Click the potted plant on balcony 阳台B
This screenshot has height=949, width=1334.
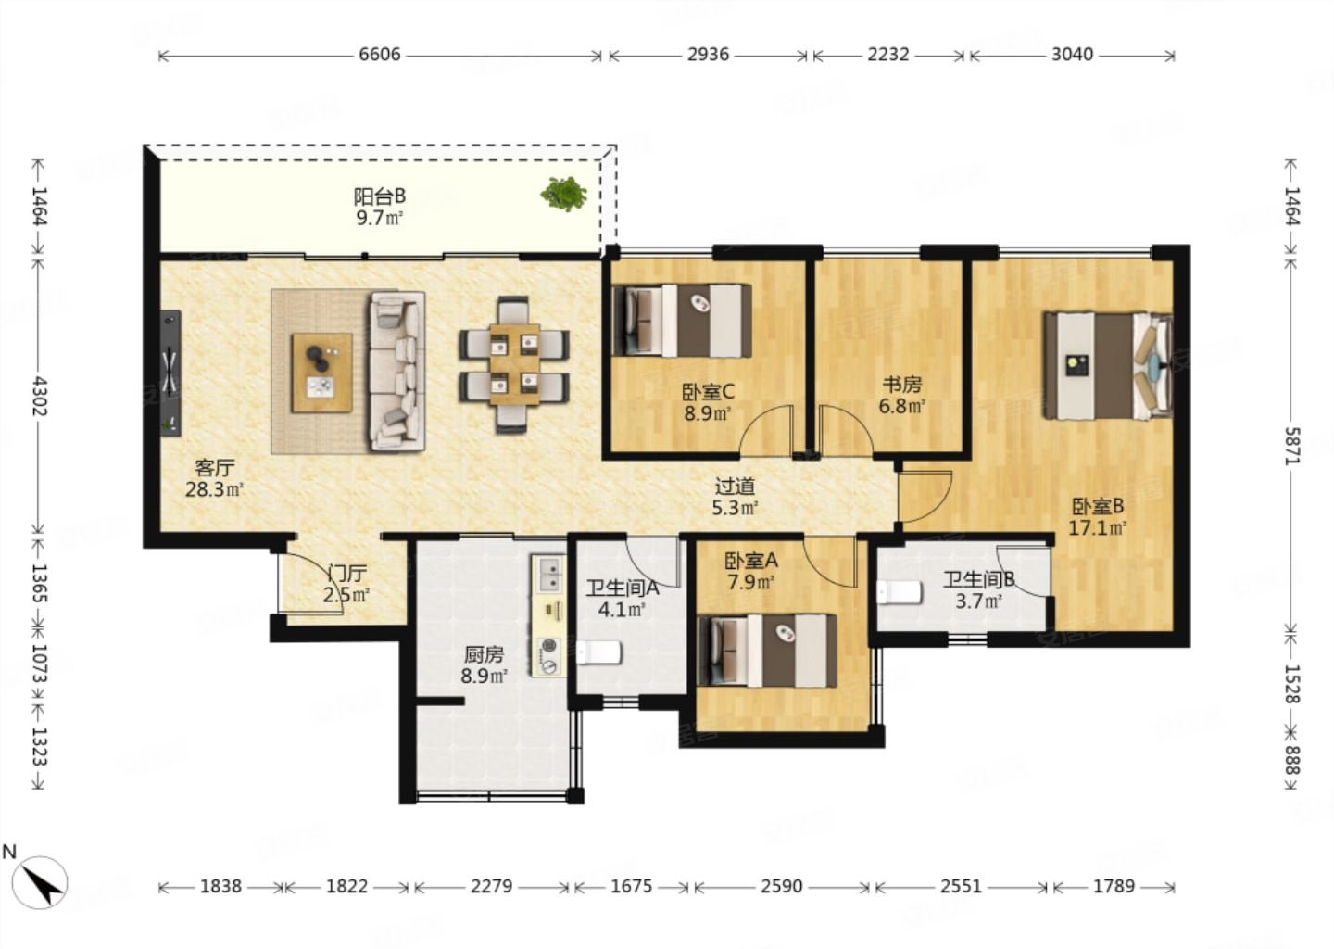point(563,193)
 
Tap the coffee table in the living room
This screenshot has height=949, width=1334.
point(321,373)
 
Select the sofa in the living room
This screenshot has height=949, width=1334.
point(397,371)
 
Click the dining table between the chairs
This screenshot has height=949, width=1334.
point(514,364)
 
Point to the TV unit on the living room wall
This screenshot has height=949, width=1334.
point(171,373)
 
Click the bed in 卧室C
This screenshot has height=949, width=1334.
point(681,321)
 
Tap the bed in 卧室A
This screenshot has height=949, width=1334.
point(767,651)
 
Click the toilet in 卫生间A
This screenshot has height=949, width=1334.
point(599,652)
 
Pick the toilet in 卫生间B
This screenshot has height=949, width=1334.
point(900,591)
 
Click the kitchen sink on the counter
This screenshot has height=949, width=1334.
point(549,575)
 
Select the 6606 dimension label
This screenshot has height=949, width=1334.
point(380,55)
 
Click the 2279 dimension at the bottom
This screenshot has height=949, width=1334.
point(491,887)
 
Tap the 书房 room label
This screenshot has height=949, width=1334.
point(901,385)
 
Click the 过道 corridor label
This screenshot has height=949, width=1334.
point(735,487)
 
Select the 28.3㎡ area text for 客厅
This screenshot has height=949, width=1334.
point(214,489)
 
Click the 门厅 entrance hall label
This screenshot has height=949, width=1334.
point(347,574)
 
